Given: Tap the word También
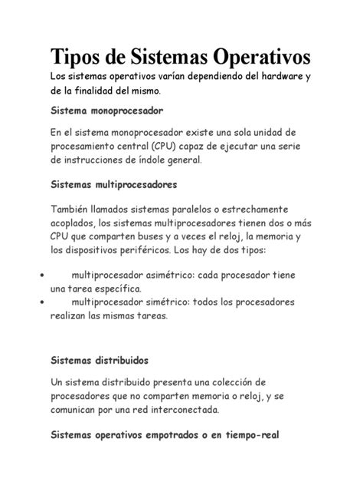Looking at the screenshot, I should coord(73,208).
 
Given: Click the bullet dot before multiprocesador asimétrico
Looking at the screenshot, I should coord(40,275).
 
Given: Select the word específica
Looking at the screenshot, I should coord(116,289).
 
